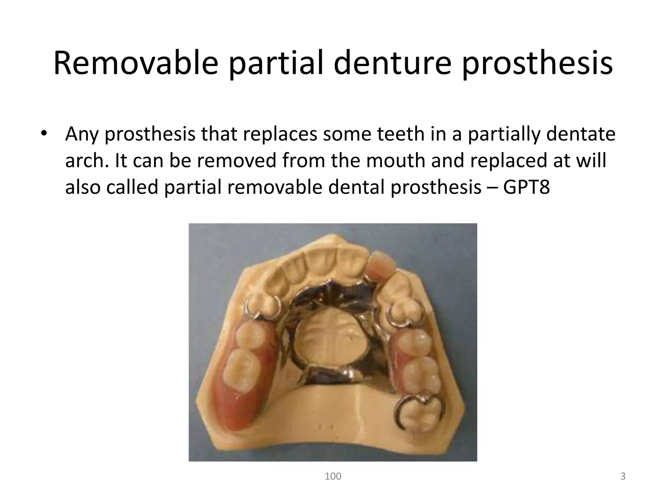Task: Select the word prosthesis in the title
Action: pos(537,64)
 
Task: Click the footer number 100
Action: pos(333,476)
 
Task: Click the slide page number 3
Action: pos(623,476)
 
